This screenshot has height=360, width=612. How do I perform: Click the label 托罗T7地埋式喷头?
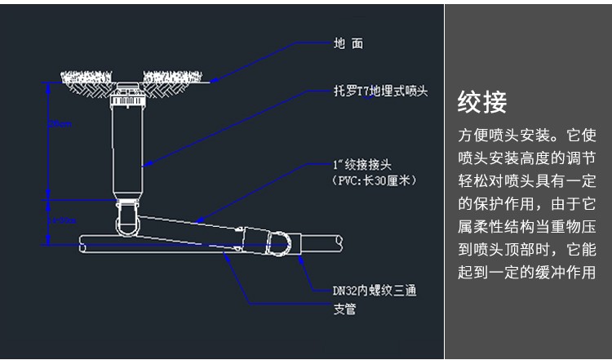click(380, 90)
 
